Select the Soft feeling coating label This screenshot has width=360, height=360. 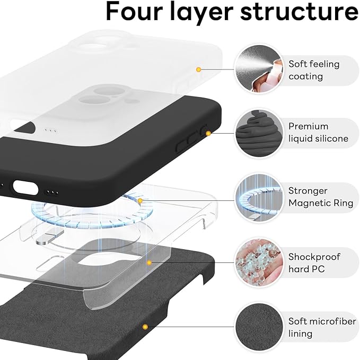point(314,70)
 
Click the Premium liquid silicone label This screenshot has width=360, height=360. point(318,133)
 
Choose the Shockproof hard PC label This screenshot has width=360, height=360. point(314,263)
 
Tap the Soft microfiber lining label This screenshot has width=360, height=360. point(315,328)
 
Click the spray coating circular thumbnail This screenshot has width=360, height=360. point(258,70)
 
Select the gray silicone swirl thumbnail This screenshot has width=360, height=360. point(258,133)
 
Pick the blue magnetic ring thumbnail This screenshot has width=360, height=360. point(258,197)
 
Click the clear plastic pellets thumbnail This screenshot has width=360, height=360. point(258,262)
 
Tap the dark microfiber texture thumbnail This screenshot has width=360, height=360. point(258,327)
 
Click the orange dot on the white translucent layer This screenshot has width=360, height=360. point(198,69)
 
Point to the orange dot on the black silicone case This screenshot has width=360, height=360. point(208,134)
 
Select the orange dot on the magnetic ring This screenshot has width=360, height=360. point(140,201)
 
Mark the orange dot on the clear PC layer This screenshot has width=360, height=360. point(150,262)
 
